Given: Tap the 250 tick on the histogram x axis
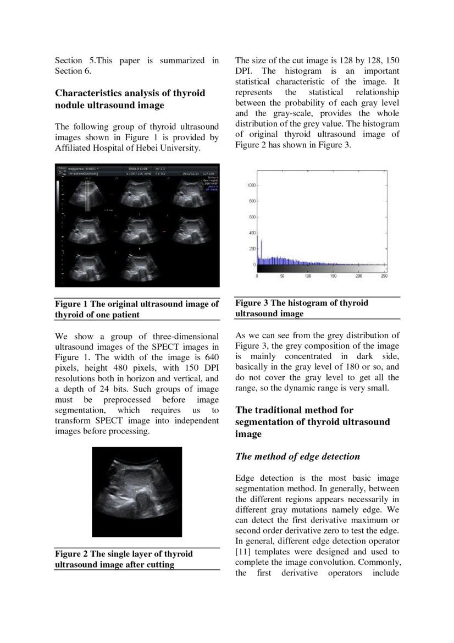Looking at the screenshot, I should coord(384,276).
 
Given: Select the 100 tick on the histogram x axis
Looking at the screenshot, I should coord(308,276).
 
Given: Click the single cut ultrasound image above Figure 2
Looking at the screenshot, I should coord(136,492).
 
